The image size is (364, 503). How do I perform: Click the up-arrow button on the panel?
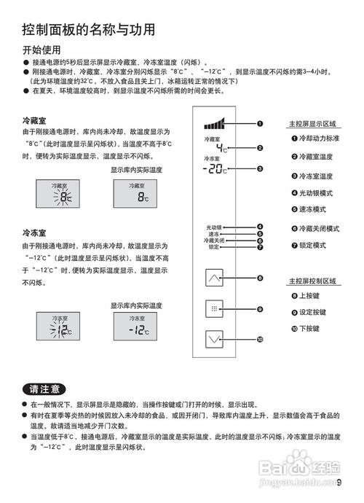pos(213,278)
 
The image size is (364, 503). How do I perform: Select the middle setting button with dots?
pos(213,308)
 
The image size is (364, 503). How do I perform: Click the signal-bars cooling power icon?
pos(216,123)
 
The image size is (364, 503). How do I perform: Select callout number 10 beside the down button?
pos(259,340)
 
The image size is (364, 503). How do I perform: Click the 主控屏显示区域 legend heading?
pos(312,123)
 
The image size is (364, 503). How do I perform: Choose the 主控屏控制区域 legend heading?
pos(312,281)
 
